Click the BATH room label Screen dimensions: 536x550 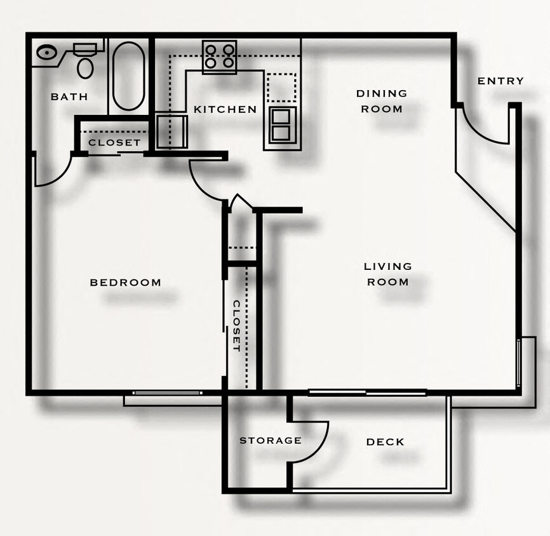tap(69, 97)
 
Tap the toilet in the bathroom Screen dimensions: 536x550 tap(84, 60)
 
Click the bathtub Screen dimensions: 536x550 tap(128, 76)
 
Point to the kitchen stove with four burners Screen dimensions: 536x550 tap(220, 57)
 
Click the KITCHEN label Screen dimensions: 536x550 tap(225, 109)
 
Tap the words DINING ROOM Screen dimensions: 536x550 tap(381, 101)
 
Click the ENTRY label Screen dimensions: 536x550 tap(500, 81)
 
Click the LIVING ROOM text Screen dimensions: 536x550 tap(387, 274)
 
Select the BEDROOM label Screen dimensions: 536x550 tap(125, 282)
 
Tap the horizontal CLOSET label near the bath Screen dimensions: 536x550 tap(114, 142)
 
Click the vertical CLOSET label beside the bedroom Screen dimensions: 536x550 tap(236, 326)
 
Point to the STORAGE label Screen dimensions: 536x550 tap(270, 440)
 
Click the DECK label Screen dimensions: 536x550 tap(385, 442)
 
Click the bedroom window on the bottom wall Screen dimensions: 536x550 tap(168, 393)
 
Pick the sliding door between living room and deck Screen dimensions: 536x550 tap(367, 392)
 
